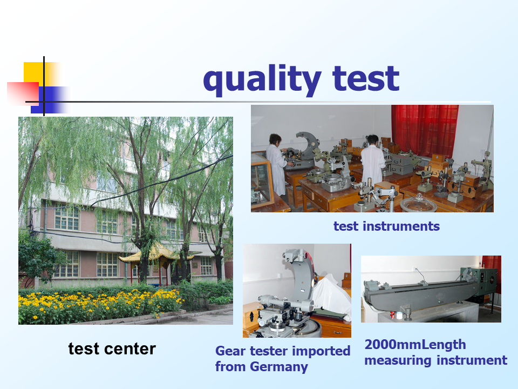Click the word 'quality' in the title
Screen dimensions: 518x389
(x=262, y=81)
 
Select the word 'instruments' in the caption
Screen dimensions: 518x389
(x=401, y=226)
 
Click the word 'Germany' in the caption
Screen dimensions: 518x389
(x=279, y=367)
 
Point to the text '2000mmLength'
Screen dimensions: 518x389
(x=415, y=345)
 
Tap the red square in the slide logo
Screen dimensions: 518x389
(x=23, y=93)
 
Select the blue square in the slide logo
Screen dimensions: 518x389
(x=50, y=100)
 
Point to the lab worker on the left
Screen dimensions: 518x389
(x=276, y=164)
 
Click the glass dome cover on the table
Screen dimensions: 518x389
(x=419, y=203)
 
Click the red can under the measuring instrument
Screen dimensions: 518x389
(x=392, y=314)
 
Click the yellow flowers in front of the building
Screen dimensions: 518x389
(x=99, y=304)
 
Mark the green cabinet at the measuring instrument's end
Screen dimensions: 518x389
(x=480, y=281)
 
